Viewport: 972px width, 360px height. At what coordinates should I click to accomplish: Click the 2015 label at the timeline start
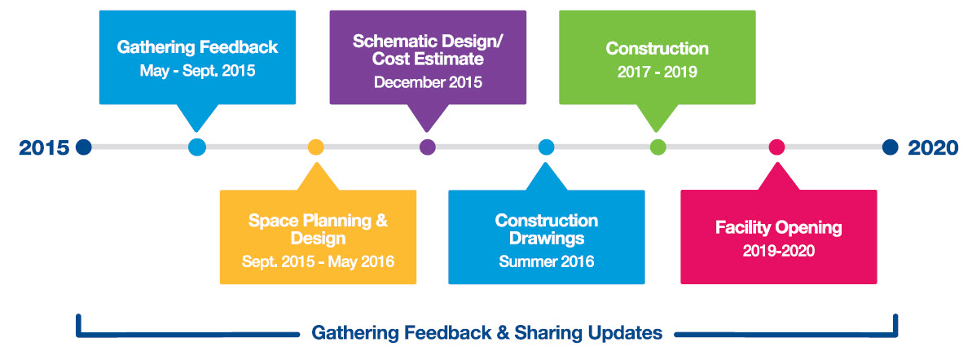(44, 148)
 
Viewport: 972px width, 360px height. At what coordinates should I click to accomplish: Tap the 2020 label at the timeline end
(933, 148)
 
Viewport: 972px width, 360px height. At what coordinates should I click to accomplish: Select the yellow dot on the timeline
(315, 147)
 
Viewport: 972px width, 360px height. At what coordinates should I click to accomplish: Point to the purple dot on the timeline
(428, 147)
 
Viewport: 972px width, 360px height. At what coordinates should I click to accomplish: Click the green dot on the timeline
(658, 147)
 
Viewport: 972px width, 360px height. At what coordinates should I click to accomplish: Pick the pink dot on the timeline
(776, 147)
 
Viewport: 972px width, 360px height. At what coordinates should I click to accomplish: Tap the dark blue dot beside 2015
(84, 147)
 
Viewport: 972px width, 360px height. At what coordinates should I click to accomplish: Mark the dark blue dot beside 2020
(891, 147)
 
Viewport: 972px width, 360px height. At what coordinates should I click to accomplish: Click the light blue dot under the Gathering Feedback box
(196, 147)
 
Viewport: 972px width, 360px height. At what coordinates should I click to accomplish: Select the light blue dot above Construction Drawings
(546, 147)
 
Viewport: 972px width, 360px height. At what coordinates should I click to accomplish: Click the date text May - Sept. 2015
(197, 71)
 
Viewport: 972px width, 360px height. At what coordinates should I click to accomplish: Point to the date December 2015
(428, 82)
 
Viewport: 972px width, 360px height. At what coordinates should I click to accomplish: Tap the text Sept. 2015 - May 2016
(318, 261)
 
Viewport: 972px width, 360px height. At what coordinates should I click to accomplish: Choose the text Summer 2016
(546, 261)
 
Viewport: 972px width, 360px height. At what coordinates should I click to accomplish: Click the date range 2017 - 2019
(657, 72)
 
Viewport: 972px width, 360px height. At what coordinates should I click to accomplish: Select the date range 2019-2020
(779, 251)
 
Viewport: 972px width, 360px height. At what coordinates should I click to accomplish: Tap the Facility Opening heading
(779, 227)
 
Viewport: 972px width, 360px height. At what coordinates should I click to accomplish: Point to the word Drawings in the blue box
(546, 238)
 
